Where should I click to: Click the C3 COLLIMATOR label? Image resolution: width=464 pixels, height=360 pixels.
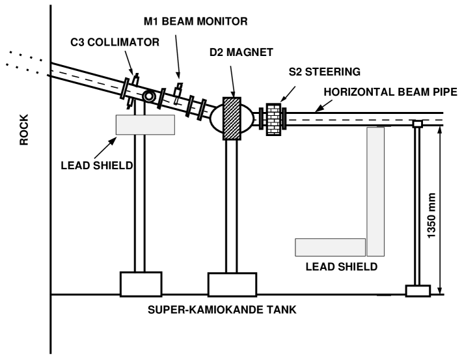(x=115, y=42)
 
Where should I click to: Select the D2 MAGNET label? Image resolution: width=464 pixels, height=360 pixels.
(x=241, y=53)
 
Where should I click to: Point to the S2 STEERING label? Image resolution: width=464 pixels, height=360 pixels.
(x=325, y=72)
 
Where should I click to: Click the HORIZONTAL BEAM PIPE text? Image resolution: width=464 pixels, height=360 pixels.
(x=389, y=92)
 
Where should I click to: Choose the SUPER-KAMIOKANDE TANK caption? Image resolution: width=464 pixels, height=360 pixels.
(x=222, y=310)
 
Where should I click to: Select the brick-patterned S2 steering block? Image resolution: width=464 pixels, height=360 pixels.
(x=273, y=119)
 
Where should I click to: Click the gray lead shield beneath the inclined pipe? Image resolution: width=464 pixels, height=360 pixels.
(x=145, y=124)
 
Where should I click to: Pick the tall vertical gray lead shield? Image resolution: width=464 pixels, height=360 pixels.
(x=375, y=191)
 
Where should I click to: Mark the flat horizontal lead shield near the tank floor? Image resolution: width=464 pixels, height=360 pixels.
(x=330, y=247)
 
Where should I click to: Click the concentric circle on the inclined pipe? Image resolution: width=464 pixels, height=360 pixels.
(x=149, y=96)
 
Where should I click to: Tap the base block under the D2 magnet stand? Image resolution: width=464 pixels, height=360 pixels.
(x=232, y=284)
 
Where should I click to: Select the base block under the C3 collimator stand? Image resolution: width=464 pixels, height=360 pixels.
(x=141, y=284)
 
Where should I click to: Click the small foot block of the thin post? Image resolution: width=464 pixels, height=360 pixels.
(x=418, y=290)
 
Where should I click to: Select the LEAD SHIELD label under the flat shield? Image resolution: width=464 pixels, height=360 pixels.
(x=342, y=266)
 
